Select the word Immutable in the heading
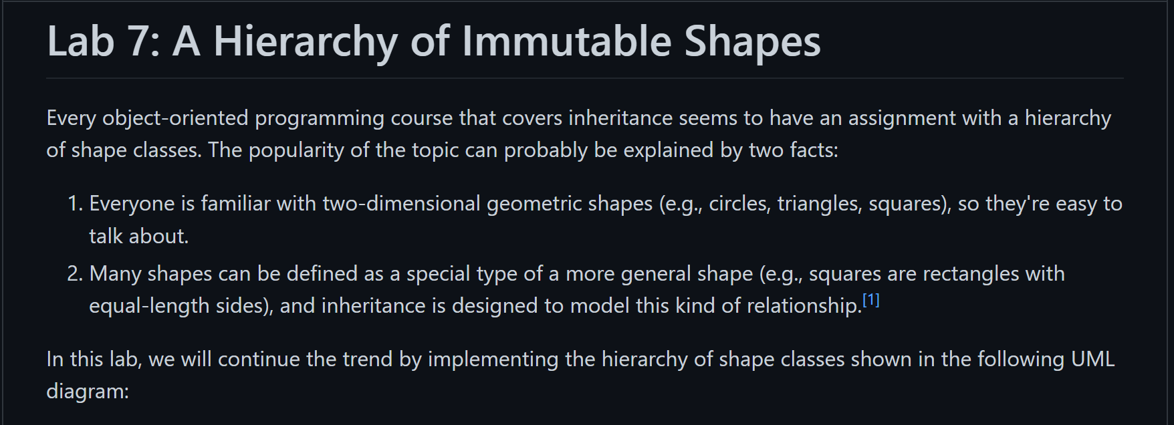pyautogui.click(x=566, y=41)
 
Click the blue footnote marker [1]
pyautogui.click(x=871, y=301)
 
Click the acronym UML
pyautogui.click(x=1092, y=360)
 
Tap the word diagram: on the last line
pyautogui.click(x=88, y=392)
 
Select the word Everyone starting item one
pyautogui.click(x=132, y=204)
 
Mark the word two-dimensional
pyautogui.click(x=401, y=204)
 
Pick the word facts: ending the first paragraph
pyautogui.click(x=814, y=150)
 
